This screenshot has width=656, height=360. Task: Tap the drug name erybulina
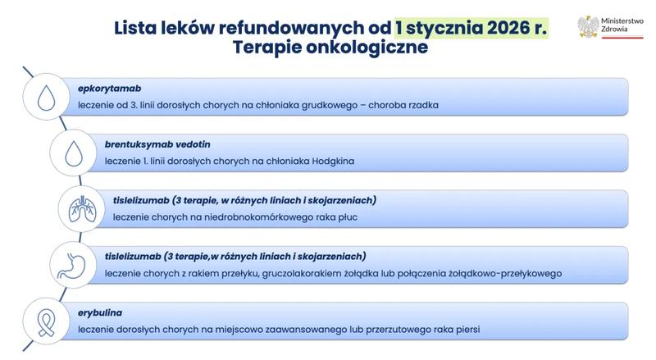(101, 312)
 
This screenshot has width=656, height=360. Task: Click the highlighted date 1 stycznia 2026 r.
(471, 27)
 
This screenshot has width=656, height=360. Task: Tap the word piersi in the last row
(464, 330)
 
